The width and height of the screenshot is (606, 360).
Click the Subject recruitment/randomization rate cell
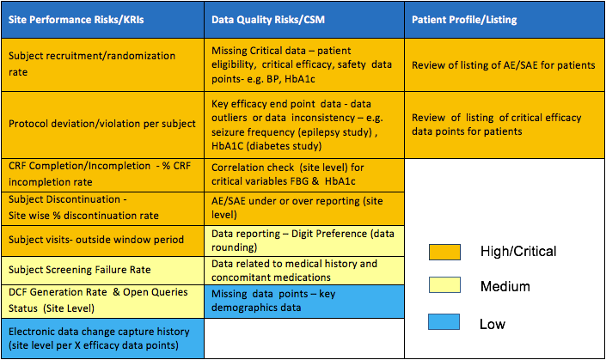click(102, 64)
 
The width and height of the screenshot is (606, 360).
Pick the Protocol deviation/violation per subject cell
click(102, 124)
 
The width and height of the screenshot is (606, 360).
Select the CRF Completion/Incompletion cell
click(102, 174)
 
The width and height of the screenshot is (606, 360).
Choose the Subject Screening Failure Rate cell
click(102, 270)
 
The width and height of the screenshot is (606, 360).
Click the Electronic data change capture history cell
click(102, 338)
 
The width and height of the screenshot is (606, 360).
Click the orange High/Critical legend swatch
click(445, 252)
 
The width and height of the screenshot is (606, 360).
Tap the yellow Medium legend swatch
click(445, 286)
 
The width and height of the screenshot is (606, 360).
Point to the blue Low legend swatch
click(445, 323)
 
